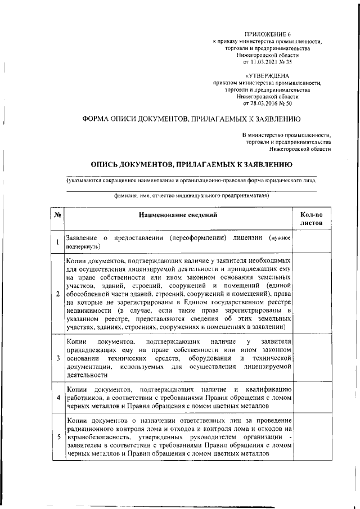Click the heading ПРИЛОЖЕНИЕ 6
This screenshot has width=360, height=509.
pyautogui.click(x=268, y=35)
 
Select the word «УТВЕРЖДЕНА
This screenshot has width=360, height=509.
pyautogui.click(x=268, y=76)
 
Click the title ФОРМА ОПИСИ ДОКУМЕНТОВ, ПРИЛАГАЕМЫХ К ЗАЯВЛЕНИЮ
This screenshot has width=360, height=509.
pyautogui.click(x=191, y=119)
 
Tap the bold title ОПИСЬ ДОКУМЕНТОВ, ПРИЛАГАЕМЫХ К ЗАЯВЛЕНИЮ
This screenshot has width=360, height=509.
pyautogui.click(x=191, y=165)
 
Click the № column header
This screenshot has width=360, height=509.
pyautogui.click(x=57, y=215)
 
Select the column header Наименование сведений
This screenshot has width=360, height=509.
pyautogui.click(x=178, y=215)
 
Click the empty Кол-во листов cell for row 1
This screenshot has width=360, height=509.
pyautogui.click(x=311, y=242)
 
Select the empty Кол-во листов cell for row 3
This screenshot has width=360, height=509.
pyautogui.click(x=311, y=358)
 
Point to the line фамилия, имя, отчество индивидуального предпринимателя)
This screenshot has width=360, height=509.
pyautogui.click(x=191, y=196)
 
